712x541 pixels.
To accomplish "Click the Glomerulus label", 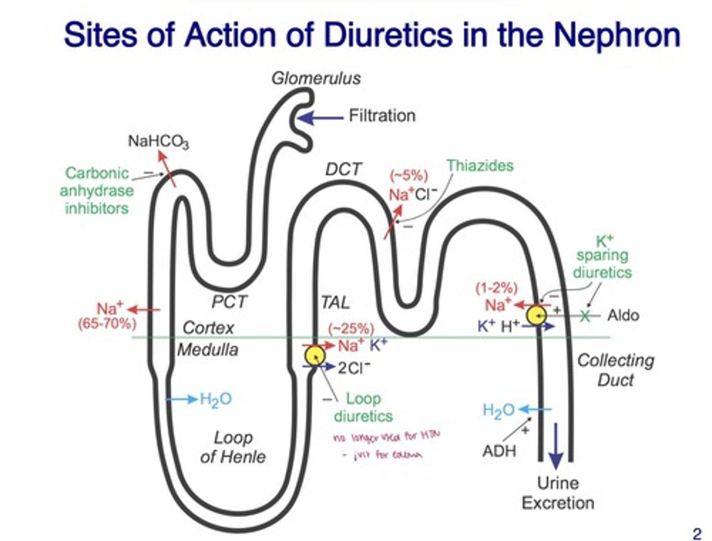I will pos(316,78).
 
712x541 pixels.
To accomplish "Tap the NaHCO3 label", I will pos(158,141).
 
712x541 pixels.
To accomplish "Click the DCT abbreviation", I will pos(343,170).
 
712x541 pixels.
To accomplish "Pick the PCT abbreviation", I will pos(229,302).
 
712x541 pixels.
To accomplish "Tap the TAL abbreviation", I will pos(335,302).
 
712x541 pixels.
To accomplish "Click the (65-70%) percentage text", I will pos(107,324).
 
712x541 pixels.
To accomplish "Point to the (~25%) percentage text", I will pos(351,329).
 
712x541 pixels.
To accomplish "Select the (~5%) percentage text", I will pos(409,176).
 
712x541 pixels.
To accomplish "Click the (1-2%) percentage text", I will pos(496,288).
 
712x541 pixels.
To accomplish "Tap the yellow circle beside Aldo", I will pos(536,315).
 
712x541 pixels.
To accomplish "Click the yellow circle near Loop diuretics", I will pos(314,356).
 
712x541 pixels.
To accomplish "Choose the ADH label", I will pos(499,451).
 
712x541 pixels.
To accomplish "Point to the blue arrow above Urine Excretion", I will pos(556,445).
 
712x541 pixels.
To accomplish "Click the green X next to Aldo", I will pos(585,315).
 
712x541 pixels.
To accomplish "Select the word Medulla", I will pos(208,350).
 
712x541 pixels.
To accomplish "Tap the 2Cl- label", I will pos(354,368).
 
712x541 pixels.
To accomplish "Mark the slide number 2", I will pos(697,534).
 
